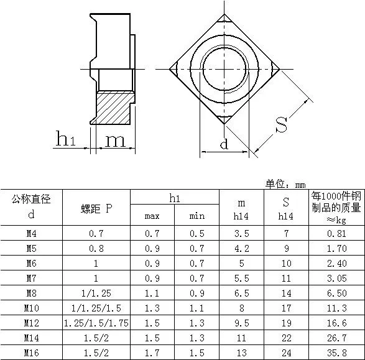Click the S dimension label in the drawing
(282, 125)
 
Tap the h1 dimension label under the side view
(66, 139)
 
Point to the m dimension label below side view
(116, 141)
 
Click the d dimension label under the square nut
(224, 144)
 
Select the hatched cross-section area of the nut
(114, 108)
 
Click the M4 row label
(32, 233)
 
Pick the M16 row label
(32, 353)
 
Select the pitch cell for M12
(96, 323)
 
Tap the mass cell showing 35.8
(337, 353)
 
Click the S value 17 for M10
(286, 308)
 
